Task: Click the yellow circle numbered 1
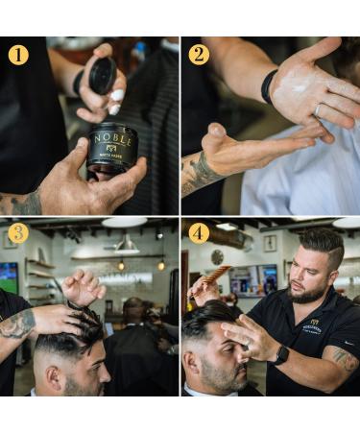18,55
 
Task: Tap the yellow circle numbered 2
198,54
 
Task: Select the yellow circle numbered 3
18,233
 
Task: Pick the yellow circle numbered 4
199,233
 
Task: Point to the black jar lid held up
102,75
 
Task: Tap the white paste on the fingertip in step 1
116,96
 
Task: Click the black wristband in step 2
269,85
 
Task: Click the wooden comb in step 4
217,277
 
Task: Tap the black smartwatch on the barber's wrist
281,354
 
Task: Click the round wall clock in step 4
217,256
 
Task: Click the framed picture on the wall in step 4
270,243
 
